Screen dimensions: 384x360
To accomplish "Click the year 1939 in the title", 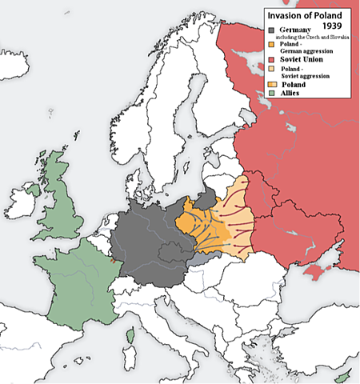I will point(332,27).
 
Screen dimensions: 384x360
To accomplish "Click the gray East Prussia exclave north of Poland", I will point(209,196).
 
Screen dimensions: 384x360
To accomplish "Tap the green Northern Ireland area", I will point(33,190).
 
